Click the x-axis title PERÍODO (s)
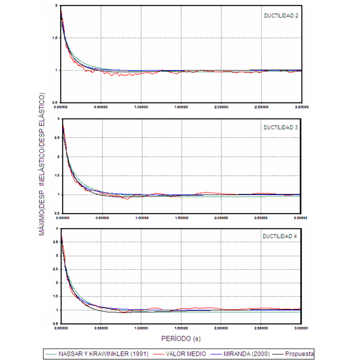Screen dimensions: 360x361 [181, 338]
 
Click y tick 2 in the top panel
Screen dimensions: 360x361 [56, 5]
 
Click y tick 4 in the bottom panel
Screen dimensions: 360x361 [56, 229]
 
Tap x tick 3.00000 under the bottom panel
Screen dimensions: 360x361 [301, 329]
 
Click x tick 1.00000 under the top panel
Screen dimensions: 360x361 [141, 109]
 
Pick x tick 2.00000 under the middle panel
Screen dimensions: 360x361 [221, 218]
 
